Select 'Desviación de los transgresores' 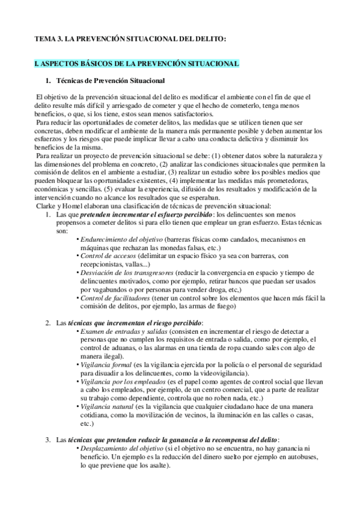point(129,272)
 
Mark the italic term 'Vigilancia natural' point(108,406)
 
